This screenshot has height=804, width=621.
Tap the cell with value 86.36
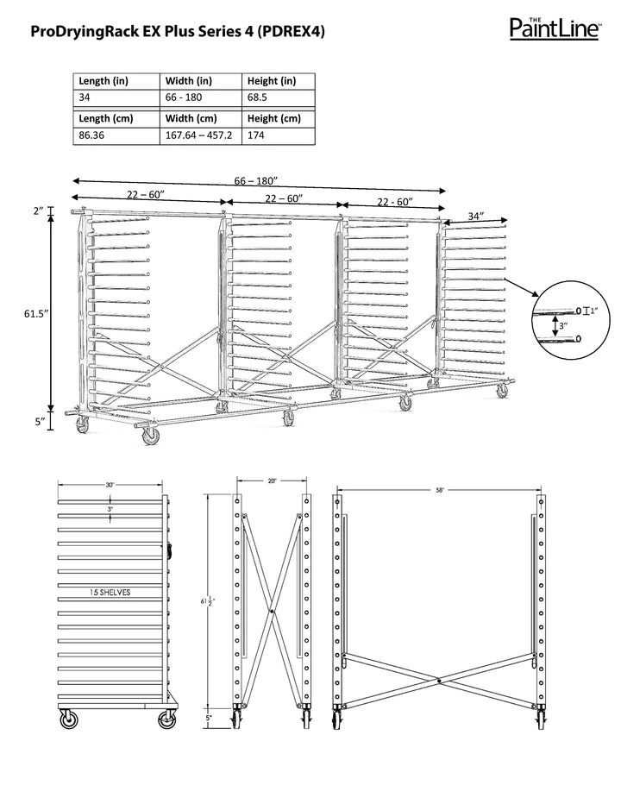[93, 135]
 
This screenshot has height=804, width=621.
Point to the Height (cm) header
[273, 118]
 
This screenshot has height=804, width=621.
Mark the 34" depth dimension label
[475, 216]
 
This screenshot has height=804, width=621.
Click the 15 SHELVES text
[110, 593]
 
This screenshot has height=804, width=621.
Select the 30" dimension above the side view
[110, 486]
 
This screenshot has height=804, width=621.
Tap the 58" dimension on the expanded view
[440, 490]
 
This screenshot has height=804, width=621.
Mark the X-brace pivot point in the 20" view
[272, 612]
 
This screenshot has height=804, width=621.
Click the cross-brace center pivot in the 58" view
[439, 682]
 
